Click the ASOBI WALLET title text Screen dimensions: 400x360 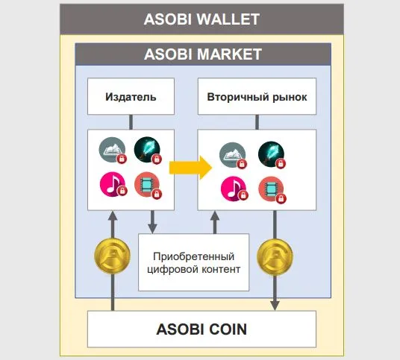[201, 19]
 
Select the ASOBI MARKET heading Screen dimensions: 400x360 [203, 54]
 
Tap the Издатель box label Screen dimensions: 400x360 [131, 97]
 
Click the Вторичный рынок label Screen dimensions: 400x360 [257, 97]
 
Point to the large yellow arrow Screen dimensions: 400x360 [190, 168]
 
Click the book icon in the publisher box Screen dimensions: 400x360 [113, 150]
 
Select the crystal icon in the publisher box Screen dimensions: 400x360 [148, 150]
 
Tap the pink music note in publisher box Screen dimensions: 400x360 [113, 184]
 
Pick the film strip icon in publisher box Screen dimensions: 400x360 [148, 185]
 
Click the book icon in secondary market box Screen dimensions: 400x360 [233, 155]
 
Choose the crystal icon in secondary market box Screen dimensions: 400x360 [272, 154]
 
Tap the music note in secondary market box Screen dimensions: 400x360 [234, 189]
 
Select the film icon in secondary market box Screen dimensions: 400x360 [272, 189]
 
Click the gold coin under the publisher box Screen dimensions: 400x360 [112, 256]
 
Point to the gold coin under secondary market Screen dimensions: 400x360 [275, 257]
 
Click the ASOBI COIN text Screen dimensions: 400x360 [201, 329]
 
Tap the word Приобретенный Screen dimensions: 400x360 [193, 257]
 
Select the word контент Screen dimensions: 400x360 [221, 269]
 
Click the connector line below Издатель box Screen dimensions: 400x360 [131, 122]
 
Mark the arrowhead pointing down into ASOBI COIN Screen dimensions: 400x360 [275, 306]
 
